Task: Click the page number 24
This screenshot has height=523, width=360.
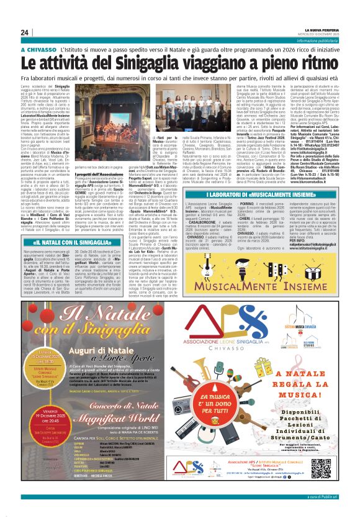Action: click(25, 32)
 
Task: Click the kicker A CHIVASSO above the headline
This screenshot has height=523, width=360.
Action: click(38, 49)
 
